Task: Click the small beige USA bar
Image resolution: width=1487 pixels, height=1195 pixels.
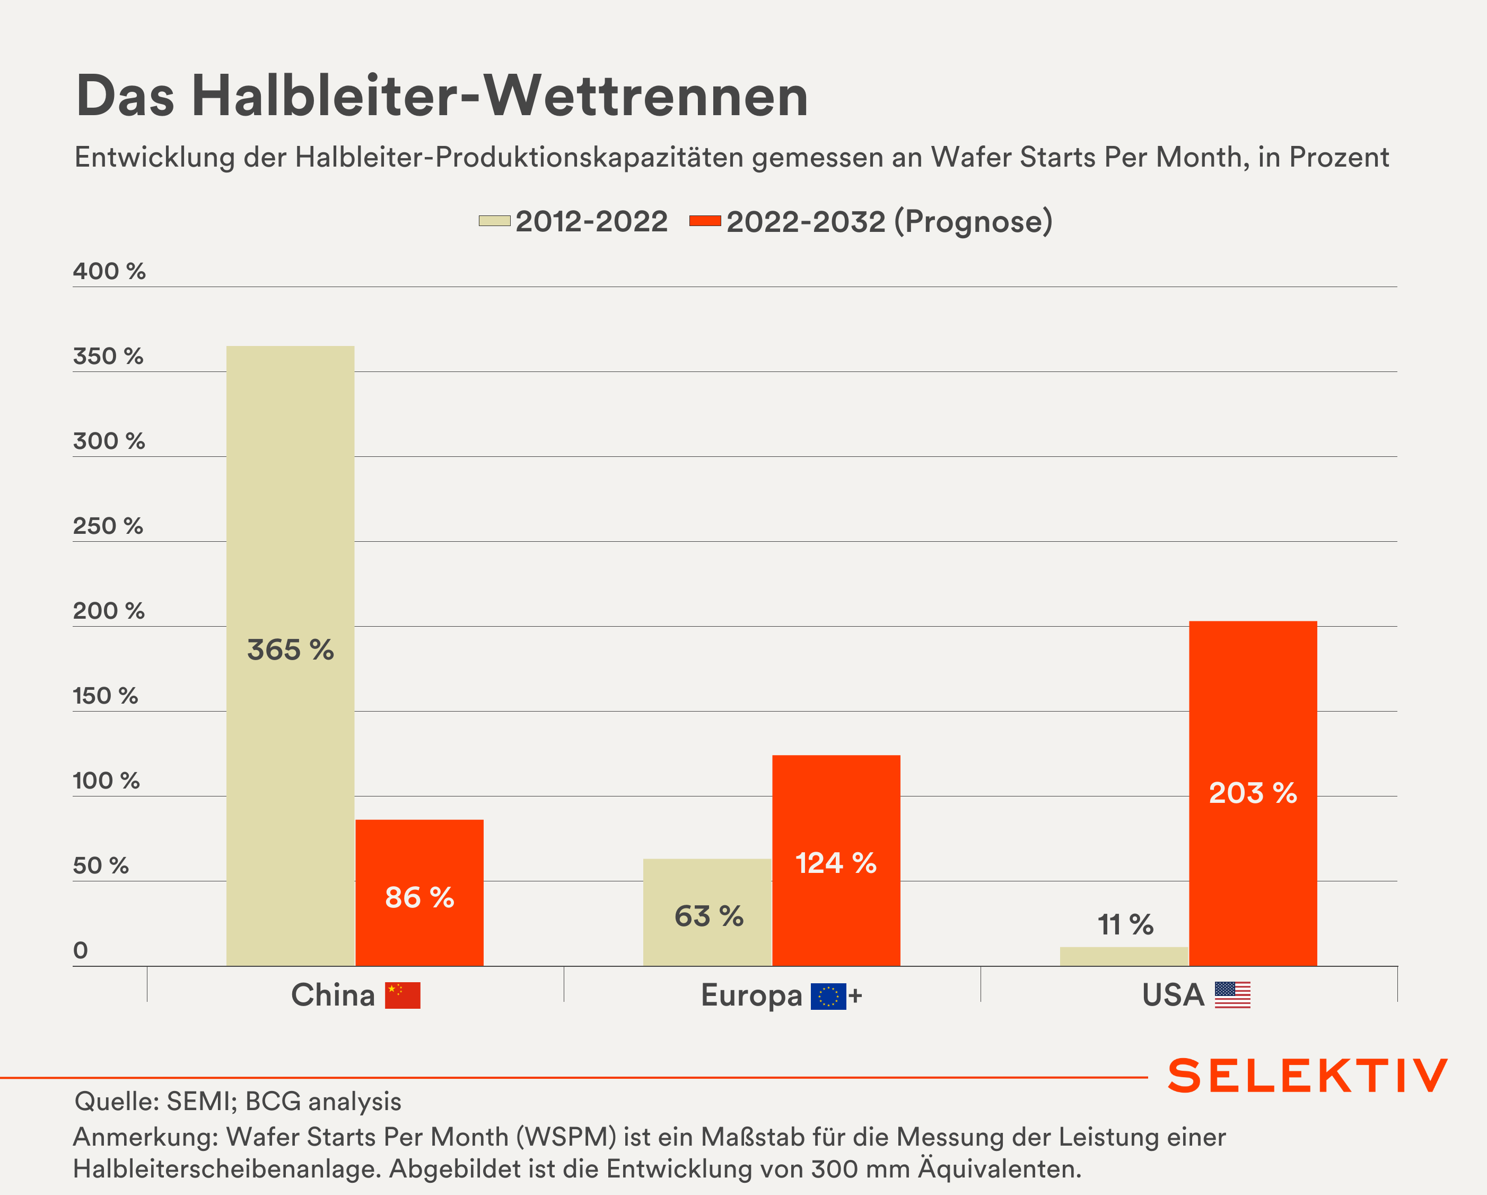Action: pos(1124,956)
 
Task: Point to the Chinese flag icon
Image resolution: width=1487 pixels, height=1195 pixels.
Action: pos(403,995)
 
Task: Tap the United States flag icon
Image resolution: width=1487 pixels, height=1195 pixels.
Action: pos(1232,995)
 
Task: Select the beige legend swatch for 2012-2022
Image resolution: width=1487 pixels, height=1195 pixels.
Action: pos(494,221)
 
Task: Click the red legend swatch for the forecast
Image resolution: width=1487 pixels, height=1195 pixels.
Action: pos(705,221)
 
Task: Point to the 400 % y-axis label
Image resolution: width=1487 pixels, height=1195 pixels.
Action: pos(109,271)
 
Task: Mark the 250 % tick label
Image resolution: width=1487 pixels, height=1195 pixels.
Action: pos(108,526)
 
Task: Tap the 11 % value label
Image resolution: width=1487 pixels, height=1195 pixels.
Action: pos(1125,924)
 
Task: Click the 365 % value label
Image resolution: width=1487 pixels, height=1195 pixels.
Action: pos(291,650)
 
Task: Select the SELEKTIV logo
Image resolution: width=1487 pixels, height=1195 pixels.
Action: pos(1307,1076)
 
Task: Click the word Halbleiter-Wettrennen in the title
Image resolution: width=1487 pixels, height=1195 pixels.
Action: pos(500,96)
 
